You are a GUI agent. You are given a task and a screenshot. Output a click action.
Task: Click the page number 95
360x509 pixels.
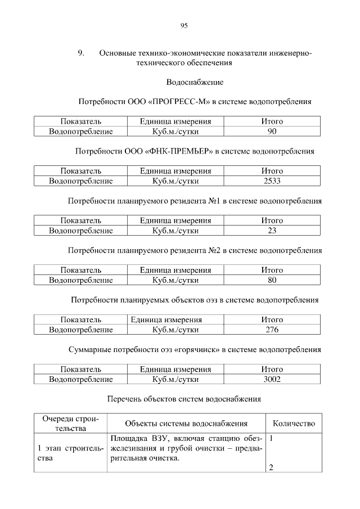pyautogui.click(x=184, y=25)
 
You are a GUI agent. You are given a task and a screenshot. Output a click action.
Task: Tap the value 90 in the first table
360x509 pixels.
pyautogui.click(x=272, y=132)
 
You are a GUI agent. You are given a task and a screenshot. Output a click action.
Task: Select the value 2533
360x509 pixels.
pyautogui.click(x=272, y=181)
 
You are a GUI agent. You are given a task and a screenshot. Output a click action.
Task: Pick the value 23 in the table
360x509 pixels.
pyautogui.click(x=272, y=231)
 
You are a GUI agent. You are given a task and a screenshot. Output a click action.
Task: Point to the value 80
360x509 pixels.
pyautogui.click(x=272, y=280)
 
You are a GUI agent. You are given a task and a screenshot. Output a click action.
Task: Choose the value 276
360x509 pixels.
pyautogui.click(x=272, y=330)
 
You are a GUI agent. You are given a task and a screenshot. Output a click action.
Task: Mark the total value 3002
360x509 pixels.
pyautogui.click(x=272, y=379)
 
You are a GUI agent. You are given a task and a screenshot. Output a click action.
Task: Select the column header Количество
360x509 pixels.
pyautogui.click(x=294, y=424)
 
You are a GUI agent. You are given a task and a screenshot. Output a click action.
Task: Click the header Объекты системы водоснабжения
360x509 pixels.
pyautogui.click(x=186, y=424)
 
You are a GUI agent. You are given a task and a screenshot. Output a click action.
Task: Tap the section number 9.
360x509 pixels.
pyautogui.click(x=80, y=53)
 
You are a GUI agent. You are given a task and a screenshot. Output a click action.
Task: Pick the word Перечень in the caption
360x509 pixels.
pyautogui.click(x=122, y=399)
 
